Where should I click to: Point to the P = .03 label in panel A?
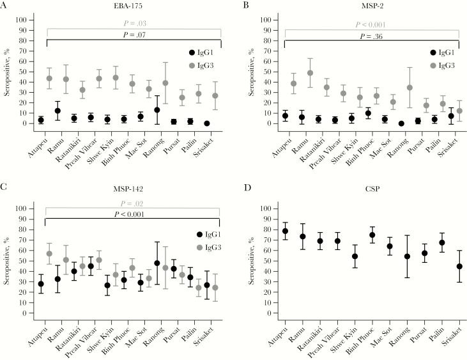pos(134,24)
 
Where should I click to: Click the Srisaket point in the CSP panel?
pos(459,267)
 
